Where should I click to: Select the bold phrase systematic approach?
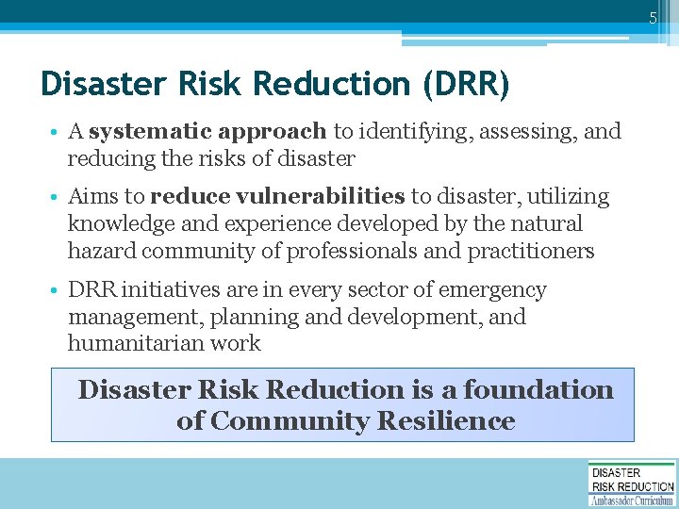click(207, 131)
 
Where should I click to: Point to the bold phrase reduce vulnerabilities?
click(277, 197)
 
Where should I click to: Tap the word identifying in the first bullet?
click(422, 131)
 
